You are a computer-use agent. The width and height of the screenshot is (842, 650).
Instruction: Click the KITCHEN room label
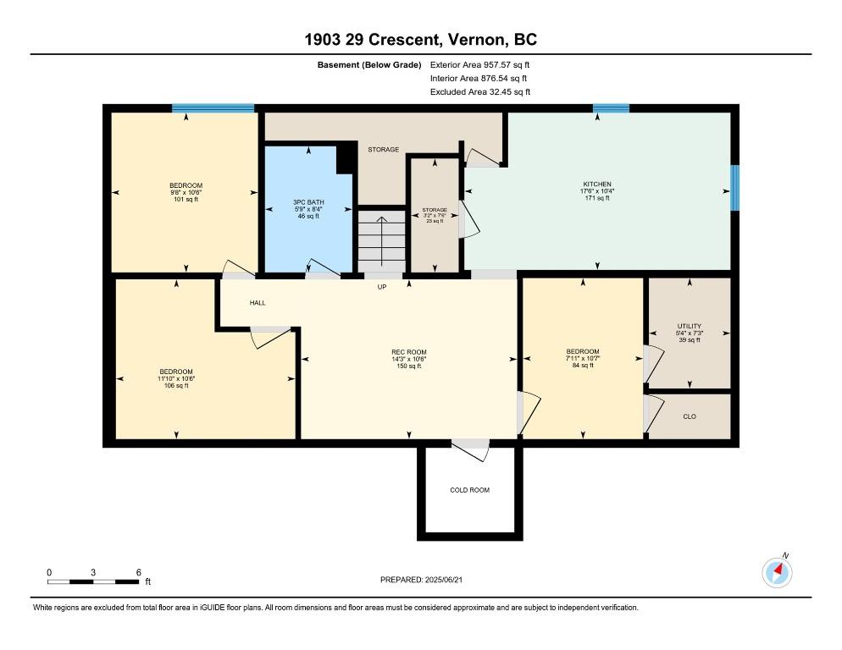coord(597,185)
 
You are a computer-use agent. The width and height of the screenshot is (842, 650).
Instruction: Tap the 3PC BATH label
coord(309,202)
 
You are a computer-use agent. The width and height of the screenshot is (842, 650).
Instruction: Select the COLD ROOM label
coord(470,490)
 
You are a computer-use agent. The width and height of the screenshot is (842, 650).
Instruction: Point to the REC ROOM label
coord(409,352)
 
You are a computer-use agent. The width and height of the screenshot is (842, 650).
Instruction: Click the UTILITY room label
coord(690,326)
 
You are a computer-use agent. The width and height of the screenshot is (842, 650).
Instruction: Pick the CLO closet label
coord(690,416)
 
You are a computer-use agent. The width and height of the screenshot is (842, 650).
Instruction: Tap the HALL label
coord(258,303)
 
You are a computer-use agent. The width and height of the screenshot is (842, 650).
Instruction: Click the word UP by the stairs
coord(382,287)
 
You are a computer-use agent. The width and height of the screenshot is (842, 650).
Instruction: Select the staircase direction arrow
coord(381,241)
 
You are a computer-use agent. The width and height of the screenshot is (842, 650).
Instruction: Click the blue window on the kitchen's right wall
coord(735,188)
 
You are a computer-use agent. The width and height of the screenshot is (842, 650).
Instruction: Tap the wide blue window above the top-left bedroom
coord(213,107)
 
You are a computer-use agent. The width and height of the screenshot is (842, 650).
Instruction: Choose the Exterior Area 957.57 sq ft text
coord(480,65)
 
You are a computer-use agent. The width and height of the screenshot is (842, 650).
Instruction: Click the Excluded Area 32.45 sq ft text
coord(480,91)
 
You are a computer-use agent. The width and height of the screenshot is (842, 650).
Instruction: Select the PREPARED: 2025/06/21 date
coord(422,580)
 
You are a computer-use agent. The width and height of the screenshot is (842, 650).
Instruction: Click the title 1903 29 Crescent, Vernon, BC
coord(421,40)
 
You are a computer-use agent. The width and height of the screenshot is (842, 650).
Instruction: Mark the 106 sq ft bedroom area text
coord(176,385)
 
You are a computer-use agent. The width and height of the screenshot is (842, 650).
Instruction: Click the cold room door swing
coord(473,449)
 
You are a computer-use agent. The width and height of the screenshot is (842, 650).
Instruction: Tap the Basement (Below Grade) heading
coord(369,65)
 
